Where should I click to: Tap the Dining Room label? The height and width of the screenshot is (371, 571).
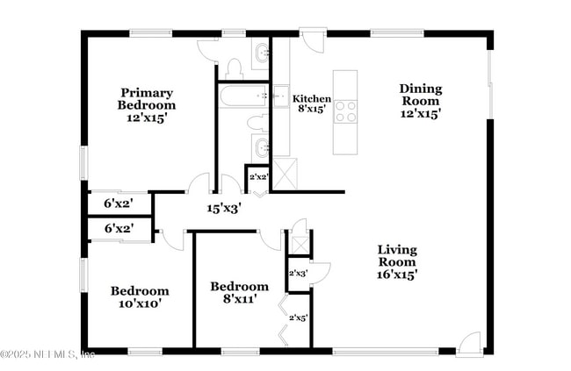click(x=421, y=100)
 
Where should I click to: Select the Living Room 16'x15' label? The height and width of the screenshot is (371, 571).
click(x=397, y=261)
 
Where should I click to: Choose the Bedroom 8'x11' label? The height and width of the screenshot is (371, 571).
click(x=239, y=293)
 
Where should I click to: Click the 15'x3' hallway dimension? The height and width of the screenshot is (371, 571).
click(x=224, y=209)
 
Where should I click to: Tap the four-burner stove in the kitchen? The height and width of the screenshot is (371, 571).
click(x=345, y=111)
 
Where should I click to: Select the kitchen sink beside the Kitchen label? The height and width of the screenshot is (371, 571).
click(x=281, y=95)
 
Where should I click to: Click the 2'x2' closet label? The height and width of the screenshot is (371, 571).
click(x=257, y=177)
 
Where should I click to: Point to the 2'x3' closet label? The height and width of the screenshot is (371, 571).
click(x=299, y=274)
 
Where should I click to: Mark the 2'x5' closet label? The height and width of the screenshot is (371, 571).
click(x=299, y=317)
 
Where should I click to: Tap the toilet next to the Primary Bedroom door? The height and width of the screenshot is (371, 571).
click(x=234, y=68)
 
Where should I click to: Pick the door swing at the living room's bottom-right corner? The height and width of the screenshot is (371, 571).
click(x=469, y=343)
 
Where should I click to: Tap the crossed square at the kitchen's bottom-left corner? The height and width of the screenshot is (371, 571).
click(x=284, y=173)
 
